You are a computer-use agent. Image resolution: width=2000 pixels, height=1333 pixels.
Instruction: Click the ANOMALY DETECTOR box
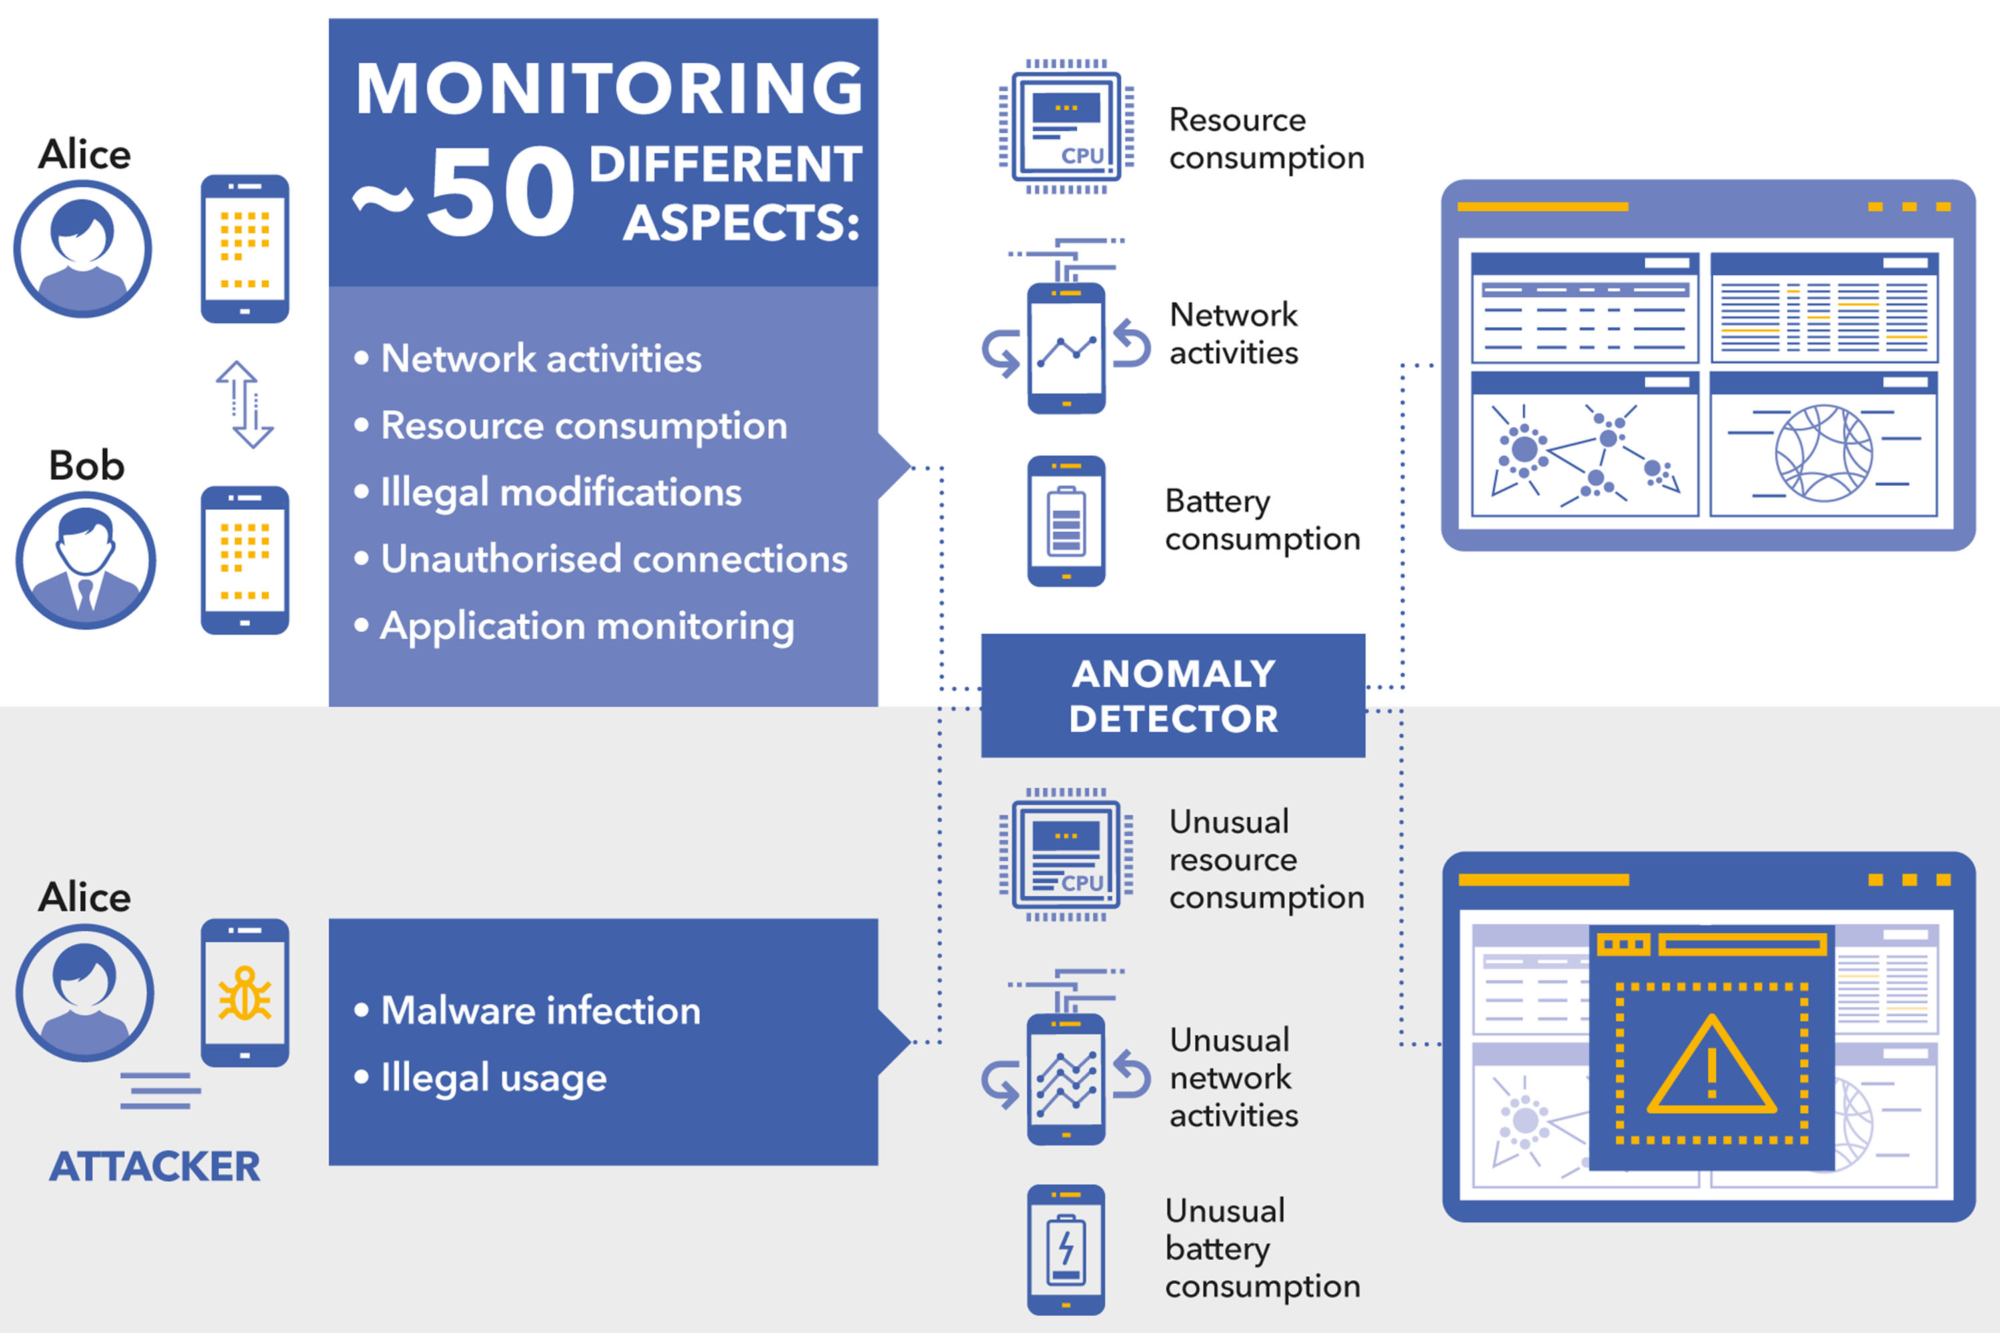point(1173,695)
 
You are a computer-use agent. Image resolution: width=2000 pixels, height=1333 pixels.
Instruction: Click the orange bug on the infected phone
point(245,993)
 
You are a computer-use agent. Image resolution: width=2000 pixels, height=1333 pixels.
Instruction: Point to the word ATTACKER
point(155,1166)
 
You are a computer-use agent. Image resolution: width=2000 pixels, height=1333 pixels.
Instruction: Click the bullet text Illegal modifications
point(561,493)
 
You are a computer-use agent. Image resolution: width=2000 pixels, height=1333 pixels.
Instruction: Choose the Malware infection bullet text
point(541,1011)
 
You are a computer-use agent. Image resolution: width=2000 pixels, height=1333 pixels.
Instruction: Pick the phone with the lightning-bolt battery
point(1066,1249)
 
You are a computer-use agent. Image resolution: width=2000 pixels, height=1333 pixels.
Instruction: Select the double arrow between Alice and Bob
point(244,405)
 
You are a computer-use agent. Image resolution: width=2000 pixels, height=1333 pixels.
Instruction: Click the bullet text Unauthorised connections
point(614,559)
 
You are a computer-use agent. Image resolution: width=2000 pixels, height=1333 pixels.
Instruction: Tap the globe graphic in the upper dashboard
point(1823,453)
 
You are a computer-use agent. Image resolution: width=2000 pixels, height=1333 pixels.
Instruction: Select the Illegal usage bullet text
point(493,1078)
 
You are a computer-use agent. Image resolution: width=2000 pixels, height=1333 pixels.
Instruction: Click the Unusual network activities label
point(1233,1077)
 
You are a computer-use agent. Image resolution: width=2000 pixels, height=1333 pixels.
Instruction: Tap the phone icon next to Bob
point(245,561)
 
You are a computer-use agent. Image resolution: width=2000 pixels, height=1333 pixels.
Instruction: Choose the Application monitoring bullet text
point(587,627)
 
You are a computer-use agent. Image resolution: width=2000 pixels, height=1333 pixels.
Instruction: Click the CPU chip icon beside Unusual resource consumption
point(1066,855)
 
